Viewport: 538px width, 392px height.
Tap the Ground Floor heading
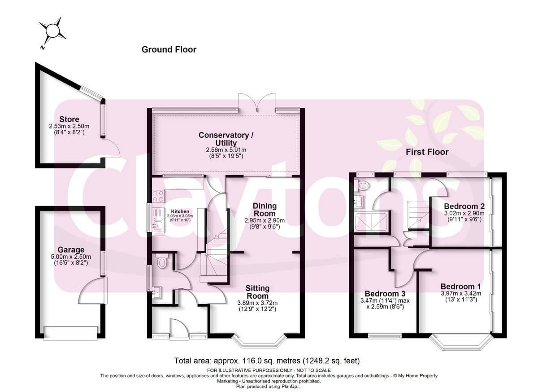(x=169, y=49)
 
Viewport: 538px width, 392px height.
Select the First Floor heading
(x=427, y=152)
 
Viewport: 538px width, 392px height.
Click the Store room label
(x=69, y=119)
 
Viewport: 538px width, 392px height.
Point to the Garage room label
(x=71, y=250)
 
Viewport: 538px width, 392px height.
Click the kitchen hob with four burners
(x=158, y=196)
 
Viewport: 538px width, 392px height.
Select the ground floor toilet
(x=162, y=261)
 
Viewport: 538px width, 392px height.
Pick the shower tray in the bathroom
(x=371, y=221)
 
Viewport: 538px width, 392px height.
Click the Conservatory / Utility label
(x=226, y=139)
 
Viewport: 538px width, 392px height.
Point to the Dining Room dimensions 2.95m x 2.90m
(x=265, y=220)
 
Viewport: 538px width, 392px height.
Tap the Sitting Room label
(x=257, y=292)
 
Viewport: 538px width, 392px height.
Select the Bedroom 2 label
(x=464, y=207)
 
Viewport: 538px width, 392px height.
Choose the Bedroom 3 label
(x=385, y=294)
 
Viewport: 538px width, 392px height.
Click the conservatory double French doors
(x=256, y=103)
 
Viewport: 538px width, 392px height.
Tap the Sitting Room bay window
(x=259, y=341)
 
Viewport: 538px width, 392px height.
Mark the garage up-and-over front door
(x=71, y=333)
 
